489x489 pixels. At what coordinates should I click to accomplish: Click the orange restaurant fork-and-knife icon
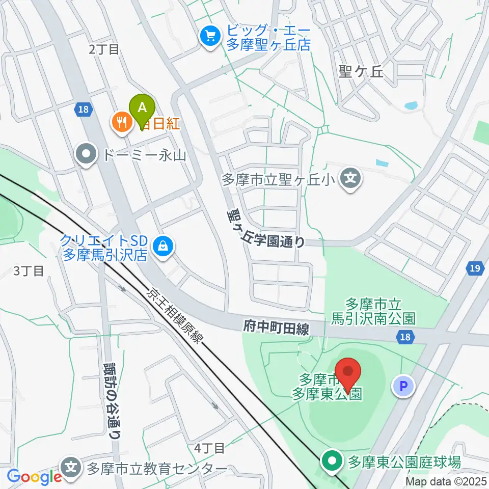tap(121, 122)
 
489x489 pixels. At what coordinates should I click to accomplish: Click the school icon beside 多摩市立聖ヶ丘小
tap(350, 179)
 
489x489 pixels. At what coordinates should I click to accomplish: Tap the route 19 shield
tap(474, 268)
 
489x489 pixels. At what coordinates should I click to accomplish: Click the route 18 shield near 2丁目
tap(85, 108)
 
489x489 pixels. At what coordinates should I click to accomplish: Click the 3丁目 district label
tap(29, 270)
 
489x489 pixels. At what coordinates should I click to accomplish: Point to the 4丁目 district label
tap(209, 448)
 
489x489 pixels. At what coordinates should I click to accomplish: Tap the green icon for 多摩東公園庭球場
tap(332, 462)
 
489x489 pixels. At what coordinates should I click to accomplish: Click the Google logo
tap(34, 477)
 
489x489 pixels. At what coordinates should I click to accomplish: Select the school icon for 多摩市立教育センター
tap(72, 468)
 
